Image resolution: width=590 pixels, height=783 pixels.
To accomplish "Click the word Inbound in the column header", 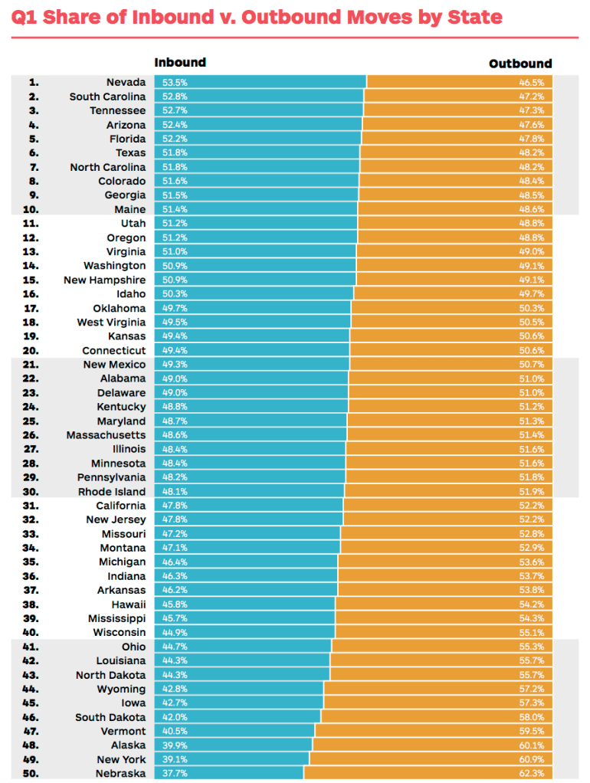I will [x=180, y=63].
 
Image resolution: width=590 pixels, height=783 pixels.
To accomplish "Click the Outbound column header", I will [x=520, y=64].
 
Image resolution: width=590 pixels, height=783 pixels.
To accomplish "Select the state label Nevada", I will [x=126, y=83].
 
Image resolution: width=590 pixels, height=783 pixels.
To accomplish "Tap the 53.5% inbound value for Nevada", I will [x=175, y=83].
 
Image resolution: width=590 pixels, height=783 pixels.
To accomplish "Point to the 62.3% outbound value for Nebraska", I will [x=532, y=774].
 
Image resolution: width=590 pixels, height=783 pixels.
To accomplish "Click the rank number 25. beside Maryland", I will [x=32, y=421].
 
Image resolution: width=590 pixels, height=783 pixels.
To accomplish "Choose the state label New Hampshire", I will [x=104, y=280].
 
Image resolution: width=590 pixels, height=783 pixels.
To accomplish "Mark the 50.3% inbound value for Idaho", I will [x=175, y=294].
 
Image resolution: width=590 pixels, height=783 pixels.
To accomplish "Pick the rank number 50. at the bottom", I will [x=32, y=774].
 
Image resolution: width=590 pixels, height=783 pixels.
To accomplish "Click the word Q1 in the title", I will [x=25, y=18].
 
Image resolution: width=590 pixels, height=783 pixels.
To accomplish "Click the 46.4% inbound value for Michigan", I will [x=175, y=562].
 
